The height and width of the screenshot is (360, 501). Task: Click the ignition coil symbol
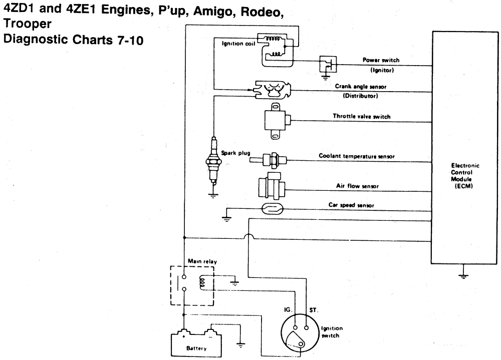coord(275,50)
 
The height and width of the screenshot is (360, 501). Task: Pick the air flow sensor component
coord(271,186)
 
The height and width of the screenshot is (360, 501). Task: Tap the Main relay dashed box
coord(192,285)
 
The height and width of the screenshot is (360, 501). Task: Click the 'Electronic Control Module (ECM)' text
coord(465,176)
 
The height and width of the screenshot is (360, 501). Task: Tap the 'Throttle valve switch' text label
coord(362,116)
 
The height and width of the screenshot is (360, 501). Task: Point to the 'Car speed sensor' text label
coord(356,206)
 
